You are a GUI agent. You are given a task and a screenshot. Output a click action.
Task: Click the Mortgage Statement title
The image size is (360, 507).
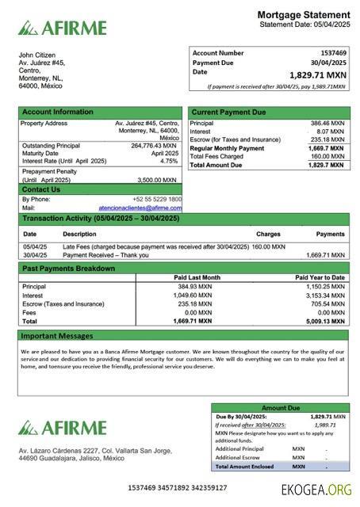tap(304, 15)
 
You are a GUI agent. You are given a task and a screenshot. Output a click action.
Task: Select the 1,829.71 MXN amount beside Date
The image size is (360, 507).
tap(318, 74)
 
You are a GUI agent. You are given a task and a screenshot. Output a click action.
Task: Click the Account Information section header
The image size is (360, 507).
tap(57, 112)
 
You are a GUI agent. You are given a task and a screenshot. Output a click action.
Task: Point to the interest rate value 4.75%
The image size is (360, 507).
tap(169, 161)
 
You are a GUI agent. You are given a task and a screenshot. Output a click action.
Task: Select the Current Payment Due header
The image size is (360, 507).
tap(228, 112)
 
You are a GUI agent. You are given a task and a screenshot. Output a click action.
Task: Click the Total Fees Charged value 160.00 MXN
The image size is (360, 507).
tap(327, 156)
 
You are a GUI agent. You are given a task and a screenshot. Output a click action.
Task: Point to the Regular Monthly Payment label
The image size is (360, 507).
tap(227, 148)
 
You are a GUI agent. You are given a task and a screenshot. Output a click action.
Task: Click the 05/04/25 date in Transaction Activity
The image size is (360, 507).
tap(34, 247)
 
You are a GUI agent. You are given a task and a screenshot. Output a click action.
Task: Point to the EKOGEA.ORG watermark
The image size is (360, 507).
tap(316, 490)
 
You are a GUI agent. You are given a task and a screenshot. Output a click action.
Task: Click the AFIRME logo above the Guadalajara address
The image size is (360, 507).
tap(63, 429)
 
